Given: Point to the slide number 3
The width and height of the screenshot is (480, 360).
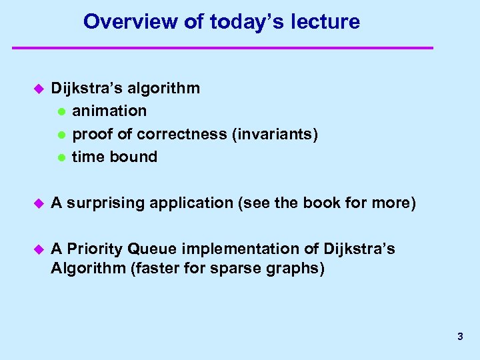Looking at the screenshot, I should click(460, 337).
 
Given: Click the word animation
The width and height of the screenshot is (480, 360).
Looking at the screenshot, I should click(109, 111).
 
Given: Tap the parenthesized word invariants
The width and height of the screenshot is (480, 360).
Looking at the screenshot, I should click(275, 134).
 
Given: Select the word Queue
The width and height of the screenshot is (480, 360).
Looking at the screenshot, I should click(151, 249).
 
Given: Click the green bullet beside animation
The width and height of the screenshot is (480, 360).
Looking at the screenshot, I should click(61, 111).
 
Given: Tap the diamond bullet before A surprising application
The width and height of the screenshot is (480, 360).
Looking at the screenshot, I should click(38, 203).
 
